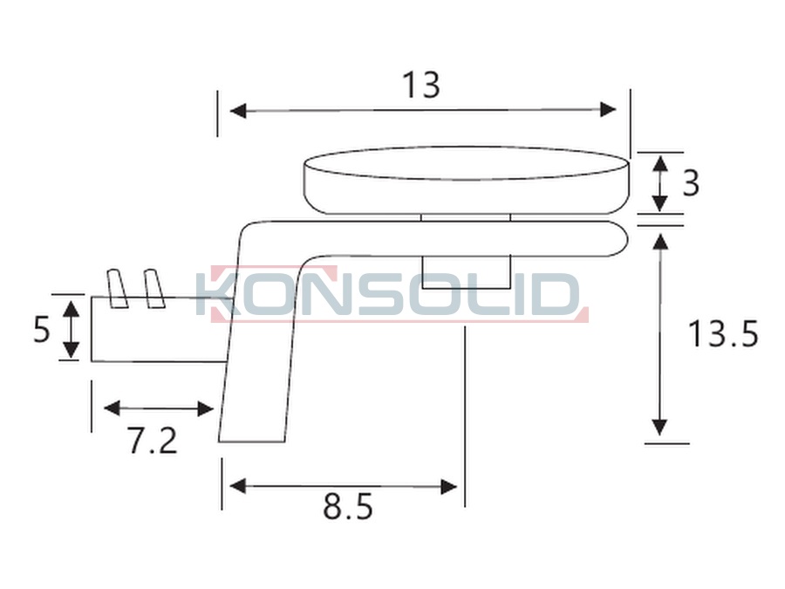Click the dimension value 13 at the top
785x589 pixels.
[x=421, y=86]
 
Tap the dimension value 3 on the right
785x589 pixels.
[x=691, y=183]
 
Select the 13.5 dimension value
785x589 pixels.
[x=723, y=333]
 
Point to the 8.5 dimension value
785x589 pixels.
[x=348, y=507]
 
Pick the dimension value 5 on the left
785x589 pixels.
[x=42, y=330]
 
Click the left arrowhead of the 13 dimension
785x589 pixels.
[x=238, y=110]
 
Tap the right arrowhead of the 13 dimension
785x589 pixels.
[x=608, y=110]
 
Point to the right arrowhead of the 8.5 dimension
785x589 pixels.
[x=448, y=486]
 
